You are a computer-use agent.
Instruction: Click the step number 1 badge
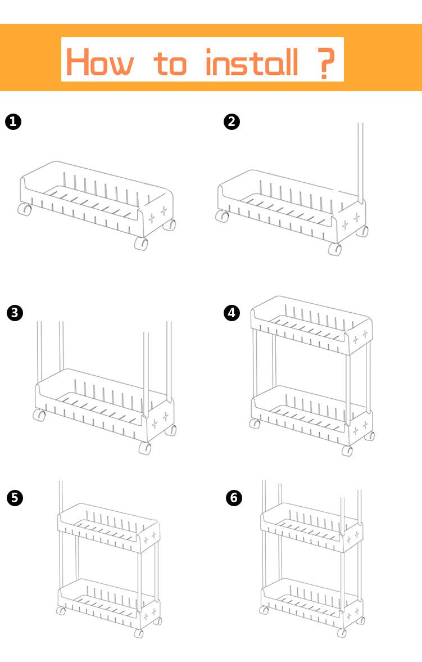pos(13,121)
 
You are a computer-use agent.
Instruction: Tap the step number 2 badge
pos(232,121)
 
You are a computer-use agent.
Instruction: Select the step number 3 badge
pos(15,313)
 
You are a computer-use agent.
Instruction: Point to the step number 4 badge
pos(232,313)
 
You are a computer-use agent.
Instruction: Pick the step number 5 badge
pos(15,498)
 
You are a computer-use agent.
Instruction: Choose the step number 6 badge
pos(234,498)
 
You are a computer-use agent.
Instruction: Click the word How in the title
pos(100,62)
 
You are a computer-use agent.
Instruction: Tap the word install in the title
pos(252,62)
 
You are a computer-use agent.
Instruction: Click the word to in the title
pos(170,64)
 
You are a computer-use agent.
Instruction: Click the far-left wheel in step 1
pos(25,209)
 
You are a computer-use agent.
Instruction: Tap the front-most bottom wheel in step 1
pos(142,243)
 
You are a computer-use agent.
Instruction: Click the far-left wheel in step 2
pos(222,216)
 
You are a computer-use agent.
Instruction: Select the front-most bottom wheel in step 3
pos(145,448)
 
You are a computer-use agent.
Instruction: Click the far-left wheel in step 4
pos(255,424)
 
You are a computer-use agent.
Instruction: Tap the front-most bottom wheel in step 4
pos(347,451)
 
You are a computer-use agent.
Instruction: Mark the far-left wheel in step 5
pos(61,610)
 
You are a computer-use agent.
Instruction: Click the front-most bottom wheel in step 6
pos(342,633)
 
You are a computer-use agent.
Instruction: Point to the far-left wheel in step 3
pos(39,415)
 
